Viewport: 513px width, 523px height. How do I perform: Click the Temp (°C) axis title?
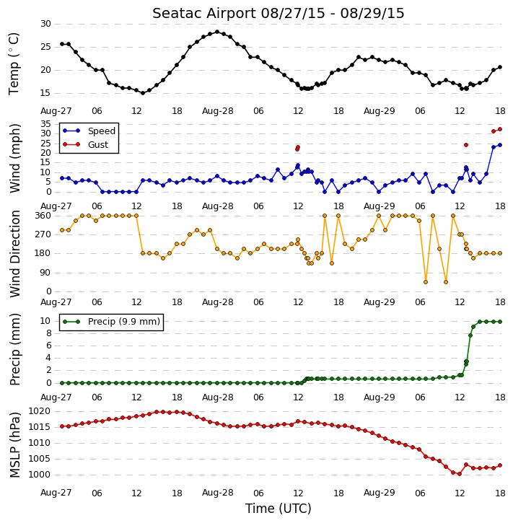(14, 63)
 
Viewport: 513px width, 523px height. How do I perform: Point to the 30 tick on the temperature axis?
(45, 24)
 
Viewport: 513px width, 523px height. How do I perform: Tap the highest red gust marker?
(500, 129)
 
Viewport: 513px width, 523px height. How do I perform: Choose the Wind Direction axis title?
(14, 253)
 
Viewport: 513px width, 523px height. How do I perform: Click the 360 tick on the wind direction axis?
(43, 216)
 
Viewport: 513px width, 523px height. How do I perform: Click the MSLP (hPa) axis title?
(14, 444)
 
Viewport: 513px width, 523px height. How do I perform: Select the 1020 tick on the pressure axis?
(40, 411)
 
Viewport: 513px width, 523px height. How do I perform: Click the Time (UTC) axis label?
(279, 509)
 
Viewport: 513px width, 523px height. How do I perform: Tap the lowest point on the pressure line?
(460, 474)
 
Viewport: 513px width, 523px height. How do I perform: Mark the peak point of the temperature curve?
(217, 32)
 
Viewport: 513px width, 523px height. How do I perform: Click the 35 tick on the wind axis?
(45, 124)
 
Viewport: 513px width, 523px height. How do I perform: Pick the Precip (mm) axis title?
(14, 349)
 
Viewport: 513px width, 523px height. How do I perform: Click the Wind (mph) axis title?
(14, 158)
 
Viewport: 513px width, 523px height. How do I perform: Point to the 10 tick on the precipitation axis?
(45, 321)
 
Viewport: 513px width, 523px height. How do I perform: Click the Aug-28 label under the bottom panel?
(217, 493)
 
